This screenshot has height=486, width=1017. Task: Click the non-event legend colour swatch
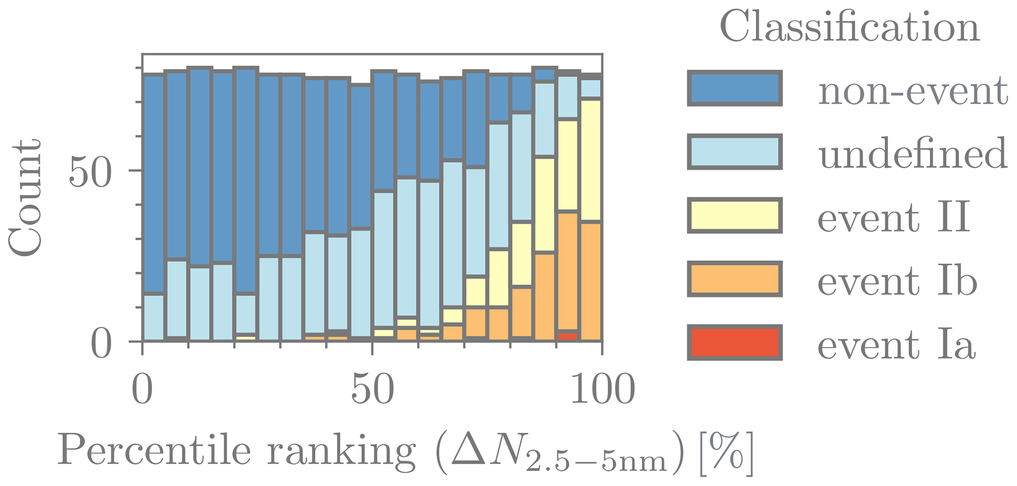735,89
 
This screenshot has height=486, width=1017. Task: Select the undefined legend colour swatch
735,153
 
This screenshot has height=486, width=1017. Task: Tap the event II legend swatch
735,215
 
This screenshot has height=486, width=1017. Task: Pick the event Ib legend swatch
735,279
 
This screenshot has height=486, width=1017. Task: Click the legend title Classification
850,27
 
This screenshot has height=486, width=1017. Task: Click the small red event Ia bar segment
568,336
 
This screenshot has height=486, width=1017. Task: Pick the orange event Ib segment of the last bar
590,281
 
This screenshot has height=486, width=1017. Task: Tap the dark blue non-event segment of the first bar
153,182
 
